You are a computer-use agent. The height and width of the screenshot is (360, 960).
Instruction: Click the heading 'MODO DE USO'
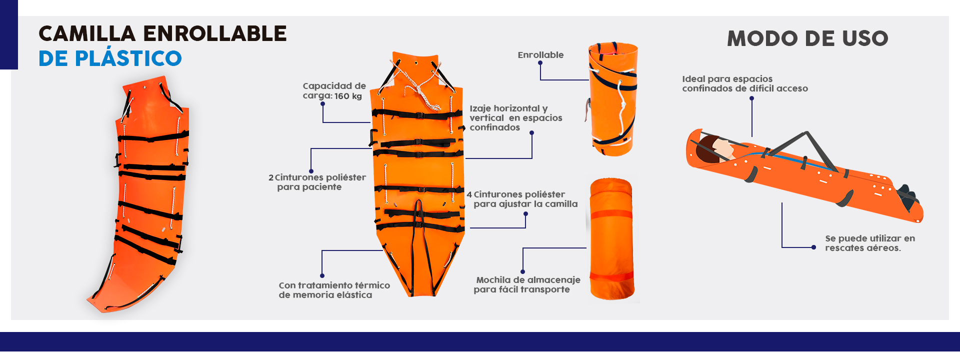(807, 38)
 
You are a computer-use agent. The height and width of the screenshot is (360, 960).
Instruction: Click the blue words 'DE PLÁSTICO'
(110, 58)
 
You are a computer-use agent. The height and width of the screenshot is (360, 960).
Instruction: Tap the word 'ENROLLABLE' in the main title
(215, 33)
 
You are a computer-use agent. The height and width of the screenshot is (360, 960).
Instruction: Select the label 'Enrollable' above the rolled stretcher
(540, 55)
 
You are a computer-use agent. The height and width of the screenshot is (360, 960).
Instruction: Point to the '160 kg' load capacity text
(348, 96)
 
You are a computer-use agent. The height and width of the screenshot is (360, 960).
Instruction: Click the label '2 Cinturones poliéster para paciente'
(317, 182)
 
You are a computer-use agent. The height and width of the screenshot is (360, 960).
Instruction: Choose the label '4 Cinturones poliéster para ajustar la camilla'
(522, 199)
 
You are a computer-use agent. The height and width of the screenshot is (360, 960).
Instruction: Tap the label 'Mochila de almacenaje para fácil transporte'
(527, 284)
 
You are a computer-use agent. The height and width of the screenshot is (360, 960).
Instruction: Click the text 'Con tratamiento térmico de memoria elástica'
(334, 290)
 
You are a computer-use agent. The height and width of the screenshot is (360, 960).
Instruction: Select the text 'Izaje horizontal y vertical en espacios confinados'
(516, 118)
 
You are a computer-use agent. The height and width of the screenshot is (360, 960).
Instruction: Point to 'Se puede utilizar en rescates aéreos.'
(870, 243)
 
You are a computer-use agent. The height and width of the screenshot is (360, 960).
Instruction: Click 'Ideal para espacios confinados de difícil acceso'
(745, 83)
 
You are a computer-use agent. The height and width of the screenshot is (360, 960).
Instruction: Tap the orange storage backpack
(612, 239)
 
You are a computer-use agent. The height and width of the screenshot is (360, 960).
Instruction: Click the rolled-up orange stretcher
(612, 99)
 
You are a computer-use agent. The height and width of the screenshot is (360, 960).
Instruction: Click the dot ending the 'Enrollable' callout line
(540, 63)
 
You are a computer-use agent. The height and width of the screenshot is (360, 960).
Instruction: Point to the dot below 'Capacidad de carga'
(323, 104)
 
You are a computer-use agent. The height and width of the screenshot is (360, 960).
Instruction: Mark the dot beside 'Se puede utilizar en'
(814, 247)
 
